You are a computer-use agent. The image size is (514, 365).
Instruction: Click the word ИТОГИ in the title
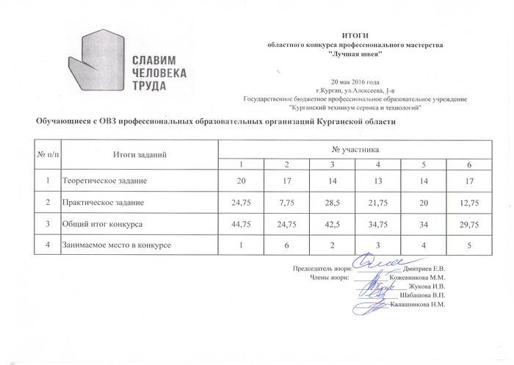[x=355, y=36]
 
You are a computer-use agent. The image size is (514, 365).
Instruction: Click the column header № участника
[x=355, y=150]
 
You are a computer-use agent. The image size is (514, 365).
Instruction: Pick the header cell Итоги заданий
[x=140, y=154]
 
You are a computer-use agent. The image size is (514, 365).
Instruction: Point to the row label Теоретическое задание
[x=104, y=180]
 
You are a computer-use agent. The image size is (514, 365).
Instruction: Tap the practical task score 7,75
[x=287, y=201]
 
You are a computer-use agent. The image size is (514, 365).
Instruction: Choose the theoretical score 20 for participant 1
[x=242, y=180]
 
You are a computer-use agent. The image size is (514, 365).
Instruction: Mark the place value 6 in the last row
[x=287, y=244]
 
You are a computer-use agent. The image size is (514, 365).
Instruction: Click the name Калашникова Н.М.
[x=418, y=303]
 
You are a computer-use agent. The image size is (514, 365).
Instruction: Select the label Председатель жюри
[x=322, y=270]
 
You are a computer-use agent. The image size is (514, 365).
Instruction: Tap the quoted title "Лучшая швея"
[x=355, y=55]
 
